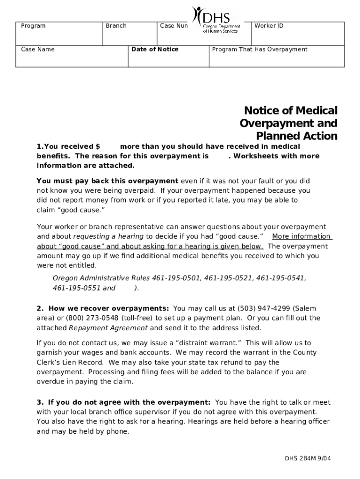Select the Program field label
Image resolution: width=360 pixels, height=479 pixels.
click(x=33, y=26)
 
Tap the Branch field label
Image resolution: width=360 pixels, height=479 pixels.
click(x=116, y=26)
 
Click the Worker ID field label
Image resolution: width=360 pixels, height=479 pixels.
click(x=269, y=26)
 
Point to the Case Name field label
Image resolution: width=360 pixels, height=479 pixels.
click(x=38, y=49)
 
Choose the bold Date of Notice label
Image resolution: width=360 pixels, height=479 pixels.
click(x=155, y=49)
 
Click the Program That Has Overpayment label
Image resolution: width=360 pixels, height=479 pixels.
click(x=260, y=49)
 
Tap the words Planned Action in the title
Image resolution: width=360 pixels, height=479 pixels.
click(x=296, y=136)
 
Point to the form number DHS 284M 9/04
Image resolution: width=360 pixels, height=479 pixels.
click(x=308, y=458)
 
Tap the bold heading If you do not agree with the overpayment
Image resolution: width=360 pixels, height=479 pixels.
click(x=129, y=402)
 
